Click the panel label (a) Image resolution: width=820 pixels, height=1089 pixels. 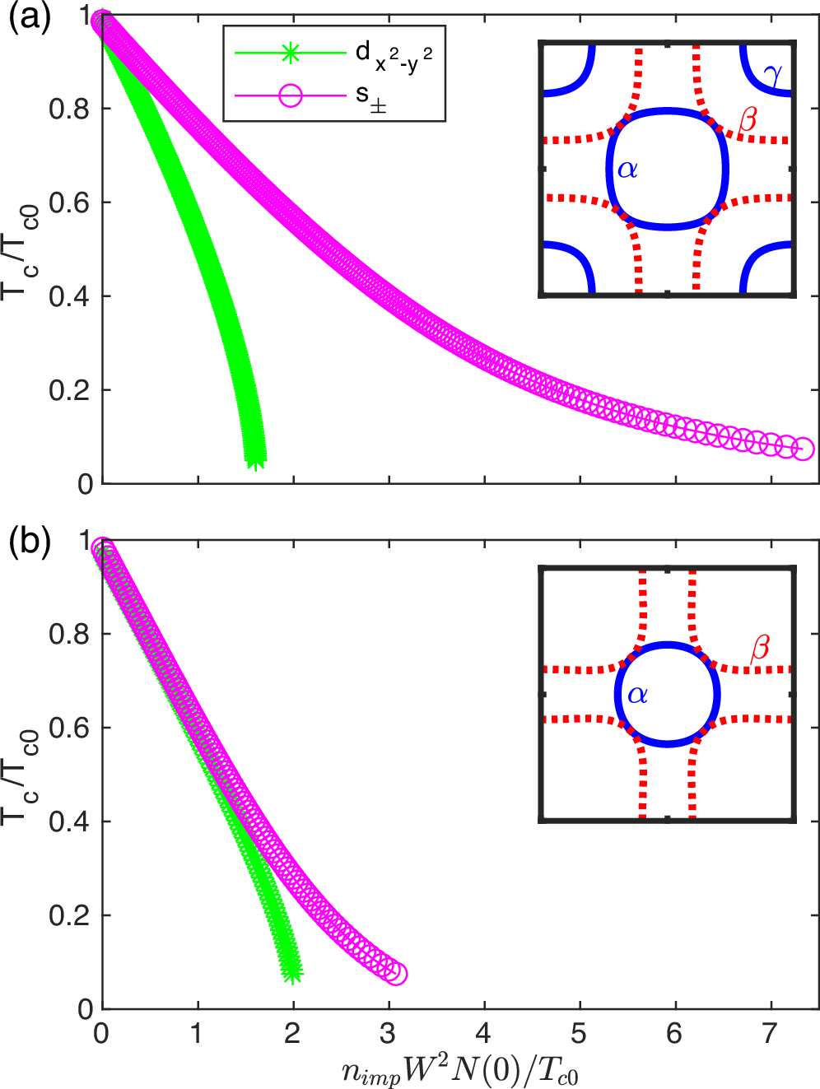click(x=30, y=18)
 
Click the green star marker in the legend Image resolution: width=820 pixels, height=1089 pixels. click(x=291, y=54)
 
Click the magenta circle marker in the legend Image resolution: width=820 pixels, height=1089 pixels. click(x=291, y=95)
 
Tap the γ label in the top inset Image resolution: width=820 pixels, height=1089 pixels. click(x=771, y=75)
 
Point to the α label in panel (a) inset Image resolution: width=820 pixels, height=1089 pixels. click(x=627, y=170)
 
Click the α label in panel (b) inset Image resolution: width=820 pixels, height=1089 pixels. click(x=637, y=695)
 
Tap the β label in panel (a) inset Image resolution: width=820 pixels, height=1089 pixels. click(x=747, y=121)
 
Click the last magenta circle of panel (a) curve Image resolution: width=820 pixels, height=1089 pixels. click(x=803, y=449)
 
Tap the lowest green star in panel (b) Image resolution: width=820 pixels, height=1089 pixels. click(x=292, y=974)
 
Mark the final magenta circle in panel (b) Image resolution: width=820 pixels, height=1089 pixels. click(x=396, y=974)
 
